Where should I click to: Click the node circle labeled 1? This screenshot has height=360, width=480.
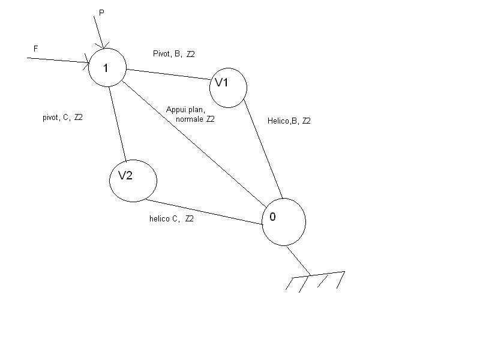coord(107,67)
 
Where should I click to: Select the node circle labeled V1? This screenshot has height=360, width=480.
coord(228,88)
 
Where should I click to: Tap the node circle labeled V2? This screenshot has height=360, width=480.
coord(133,179)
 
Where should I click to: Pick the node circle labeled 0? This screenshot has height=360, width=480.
coord(284,221)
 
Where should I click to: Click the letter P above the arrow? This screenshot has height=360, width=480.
coord(101,12)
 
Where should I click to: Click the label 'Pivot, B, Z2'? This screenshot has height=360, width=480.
coord(173,54)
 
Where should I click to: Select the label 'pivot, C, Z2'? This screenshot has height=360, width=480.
coord(62,118)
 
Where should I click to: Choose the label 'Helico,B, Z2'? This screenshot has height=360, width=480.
coord(289,121)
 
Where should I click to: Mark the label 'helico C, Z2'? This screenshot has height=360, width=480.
coord(171,219)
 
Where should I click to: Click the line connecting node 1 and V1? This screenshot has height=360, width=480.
coord(167,74)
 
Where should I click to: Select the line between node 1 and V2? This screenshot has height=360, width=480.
coord(117,123)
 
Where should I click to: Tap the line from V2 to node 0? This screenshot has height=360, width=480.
coord(204,212)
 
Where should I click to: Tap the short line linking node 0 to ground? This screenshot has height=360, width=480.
coord(298,260)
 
